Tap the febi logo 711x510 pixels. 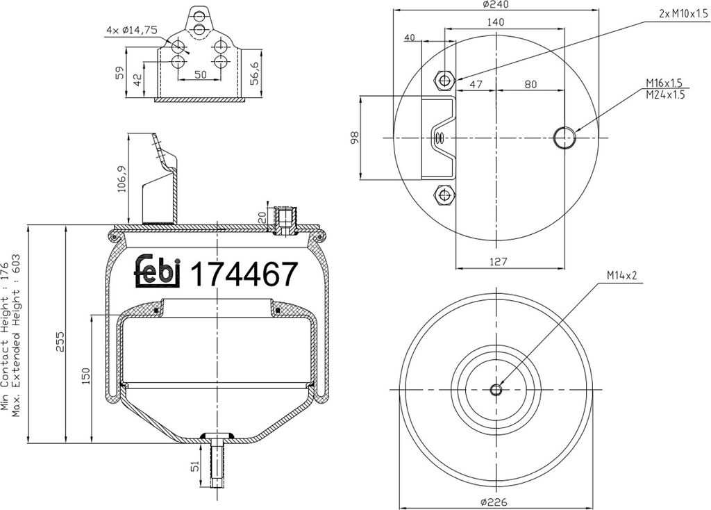156,272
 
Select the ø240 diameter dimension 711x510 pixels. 494,4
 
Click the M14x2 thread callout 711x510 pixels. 621,276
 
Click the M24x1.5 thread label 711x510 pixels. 664,95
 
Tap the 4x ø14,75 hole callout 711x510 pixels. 131,30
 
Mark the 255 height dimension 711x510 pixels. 59,341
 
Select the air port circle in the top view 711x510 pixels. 564,138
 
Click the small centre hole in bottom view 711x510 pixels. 496,390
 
